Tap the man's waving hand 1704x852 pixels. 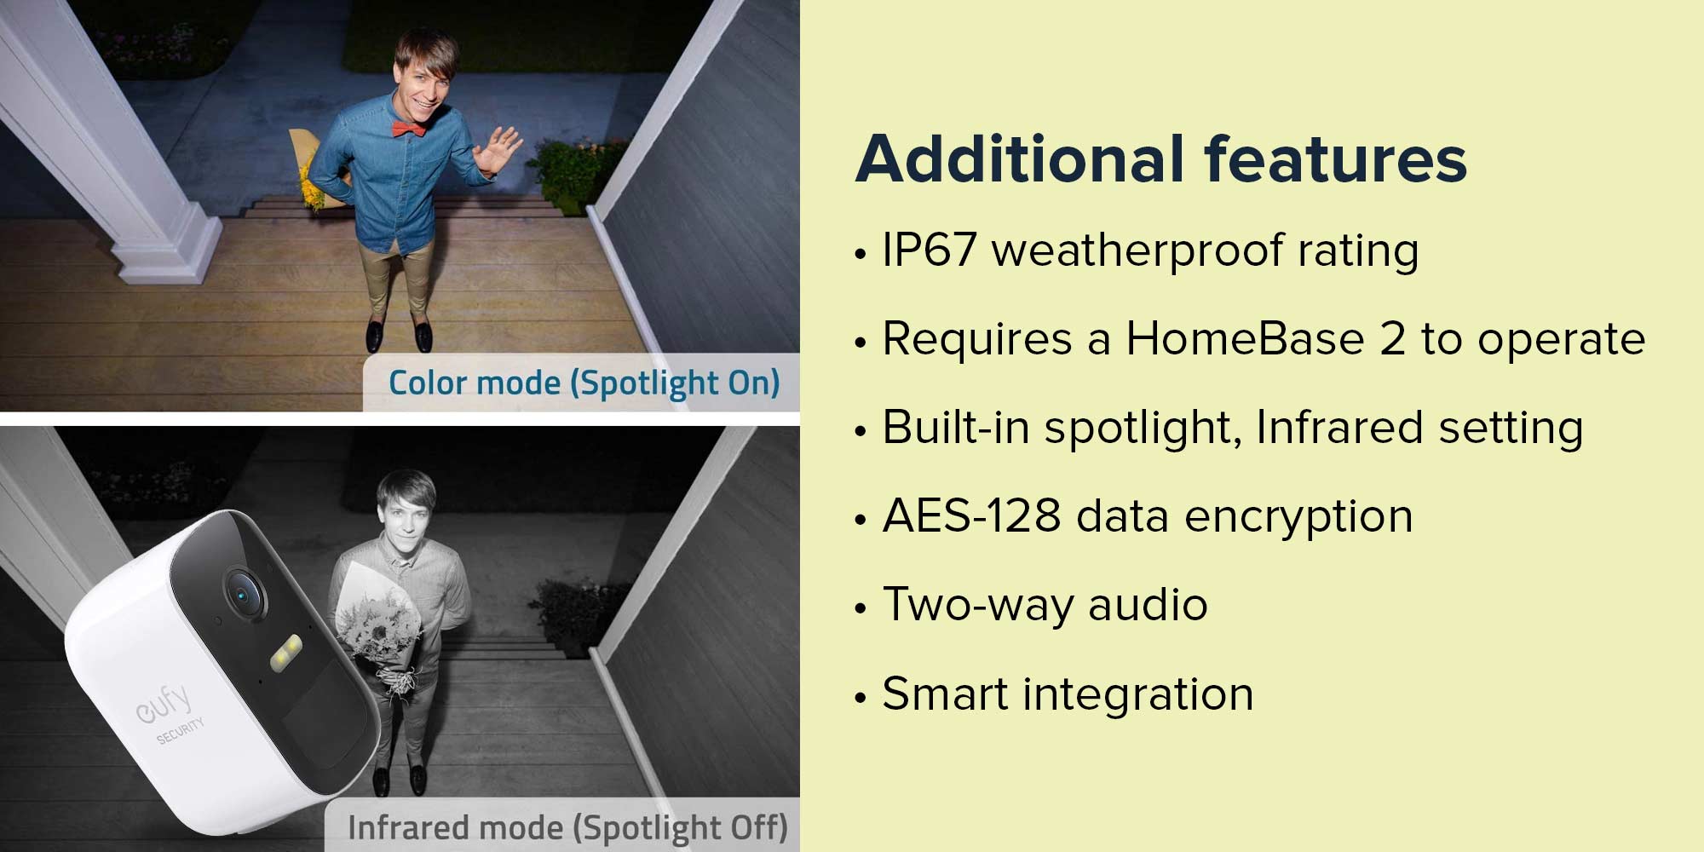click(496, 150)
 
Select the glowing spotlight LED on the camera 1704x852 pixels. click(285, 652)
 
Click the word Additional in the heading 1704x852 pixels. click(1019, 159)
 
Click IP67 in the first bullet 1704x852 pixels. click(929, 250)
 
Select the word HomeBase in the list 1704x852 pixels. click(1245, 339)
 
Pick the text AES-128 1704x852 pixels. click(971, 516)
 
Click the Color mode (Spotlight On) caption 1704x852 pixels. click(584, 383)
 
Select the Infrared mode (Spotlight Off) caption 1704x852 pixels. click(567, 827)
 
